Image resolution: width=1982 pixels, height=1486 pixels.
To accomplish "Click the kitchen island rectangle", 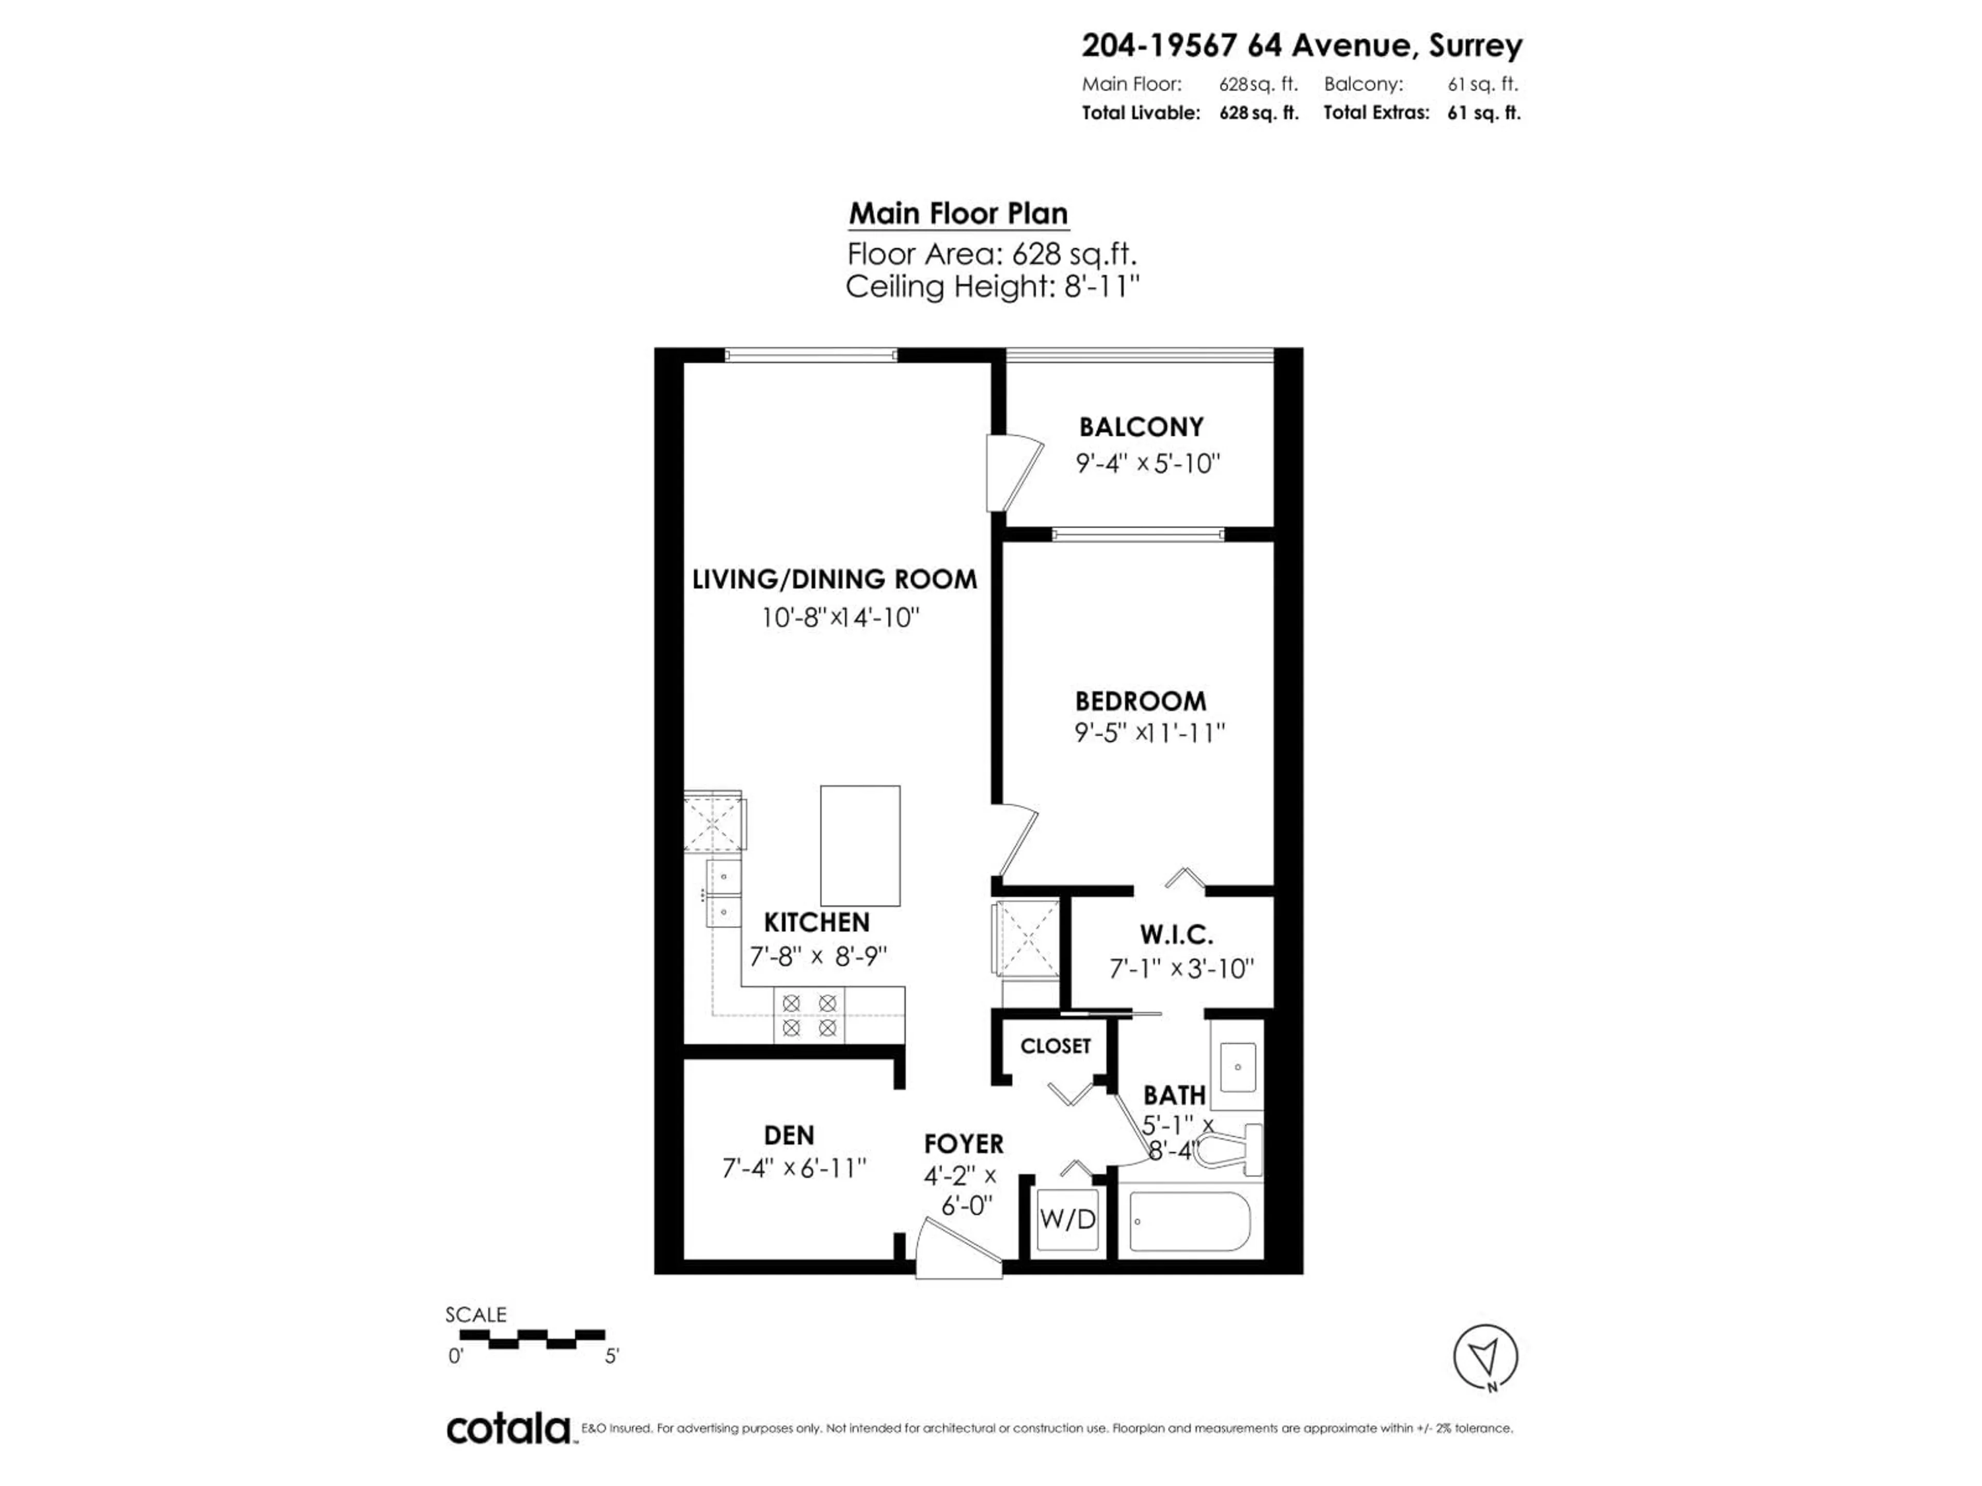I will [x=860, y=846].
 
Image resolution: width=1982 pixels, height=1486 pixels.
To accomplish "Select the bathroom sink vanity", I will [x=1237, y=1067].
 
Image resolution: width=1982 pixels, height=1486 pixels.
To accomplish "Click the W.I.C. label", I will [x=1176, y=935].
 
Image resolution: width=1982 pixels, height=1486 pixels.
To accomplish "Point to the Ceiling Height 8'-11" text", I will [x=992, y=287].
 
